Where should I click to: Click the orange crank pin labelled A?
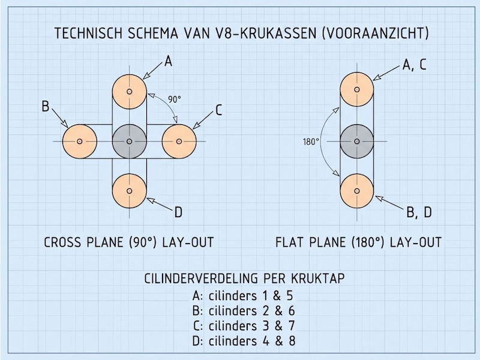coord(130,92)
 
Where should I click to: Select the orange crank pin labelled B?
coord(80,141)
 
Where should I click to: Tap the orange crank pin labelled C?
coord(179,141)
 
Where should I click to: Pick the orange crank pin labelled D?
coord(130,191)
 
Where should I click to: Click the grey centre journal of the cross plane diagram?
coord(130,141)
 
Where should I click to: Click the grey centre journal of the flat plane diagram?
coord(357,141)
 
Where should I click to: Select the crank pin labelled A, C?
coord(357,89)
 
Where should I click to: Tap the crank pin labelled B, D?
coord(357,191)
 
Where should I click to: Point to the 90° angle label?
coord(175,100)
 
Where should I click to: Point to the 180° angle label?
coord(311,142)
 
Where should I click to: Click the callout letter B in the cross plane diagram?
coord(46,107)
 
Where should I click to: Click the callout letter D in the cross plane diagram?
coord(178,212)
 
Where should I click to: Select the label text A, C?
coord(415,65)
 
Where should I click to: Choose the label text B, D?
coord(419,212)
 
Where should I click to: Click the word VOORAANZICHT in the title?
coord(376,33)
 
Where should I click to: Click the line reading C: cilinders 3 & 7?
coord(244,326)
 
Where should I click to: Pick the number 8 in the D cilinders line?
coord(292,341)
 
